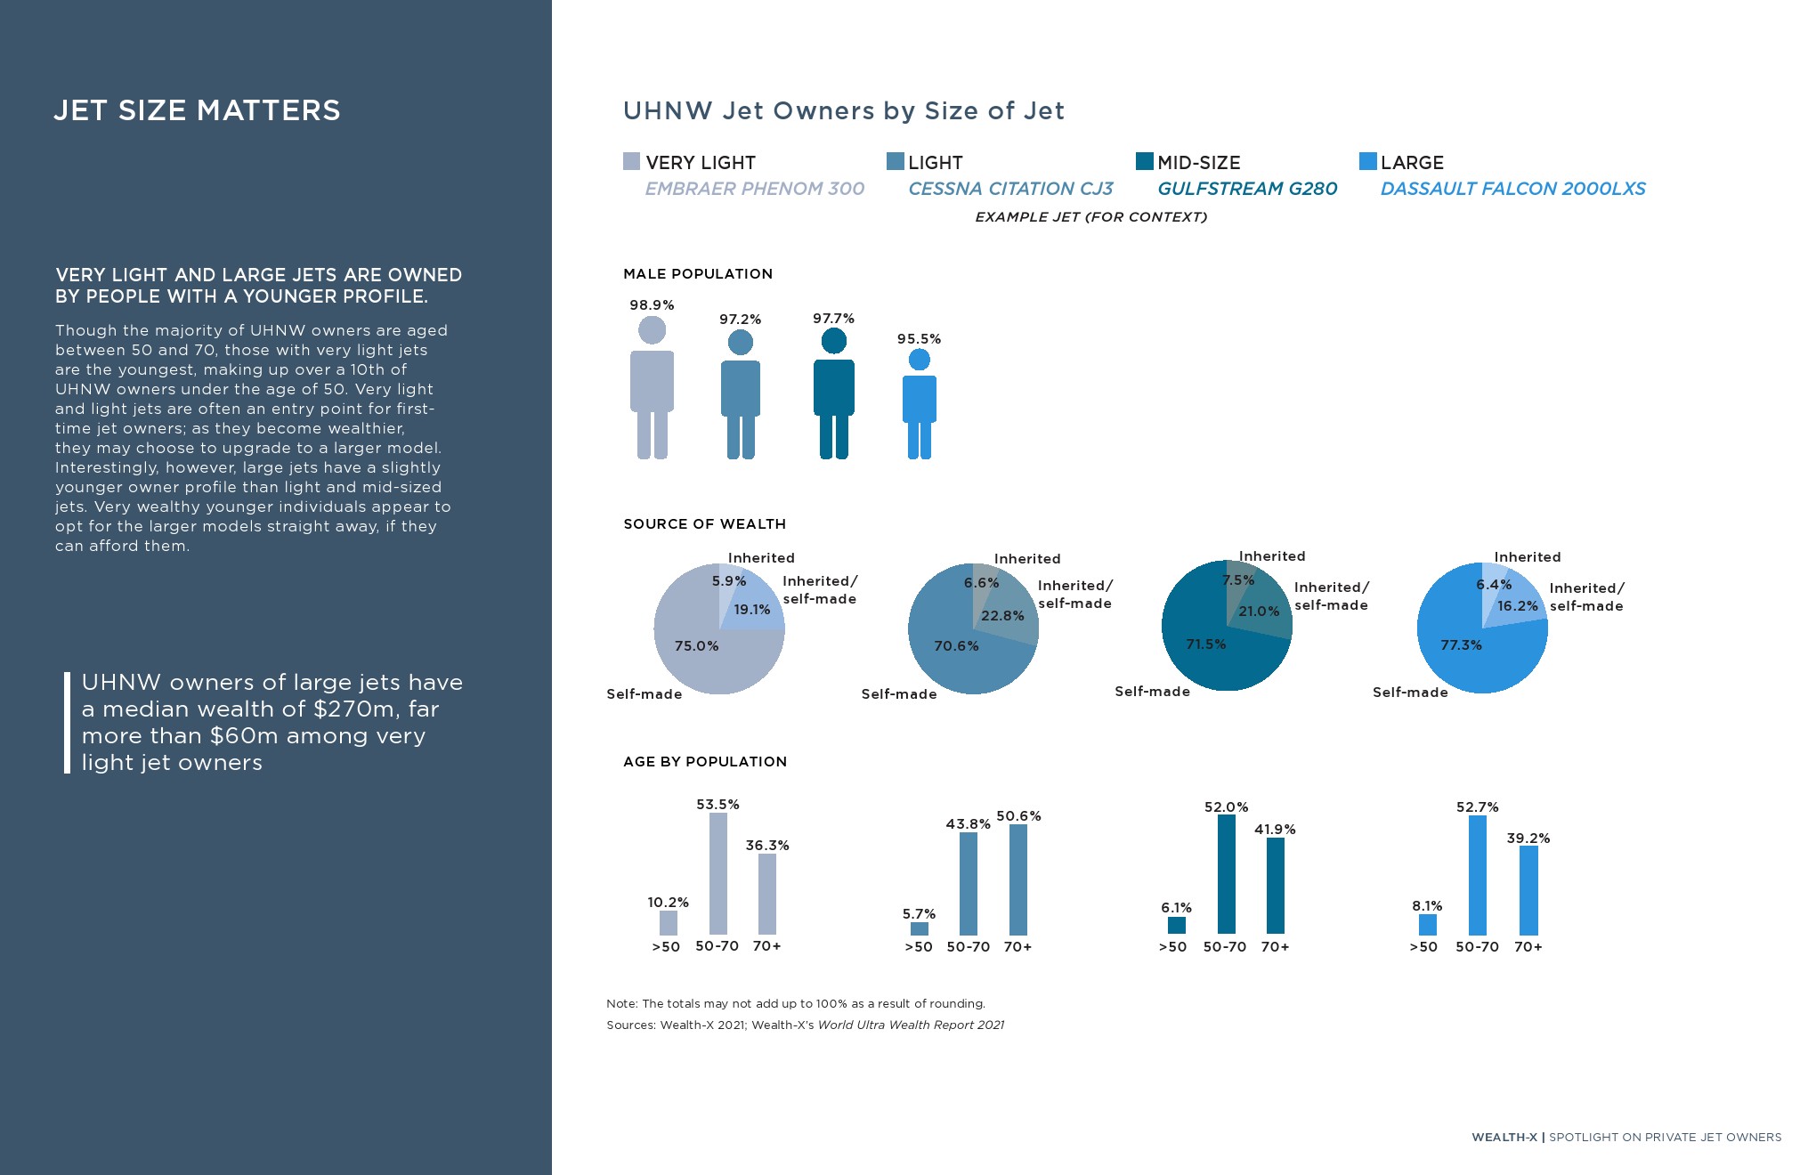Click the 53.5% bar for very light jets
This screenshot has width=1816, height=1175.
tap(717, 873)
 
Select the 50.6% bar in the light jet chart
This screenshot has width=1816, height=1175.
tap(1018, 879)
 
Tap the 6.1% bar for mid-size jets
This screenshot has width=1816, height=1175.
tap(1177, 926)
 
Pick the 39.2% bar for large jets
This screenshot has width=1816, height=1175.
tap(1528, 890)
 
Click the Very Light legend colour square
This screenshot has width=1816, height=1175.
tap(631, 161)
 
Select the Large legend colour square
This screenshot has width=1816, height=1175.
tap(1368, 161)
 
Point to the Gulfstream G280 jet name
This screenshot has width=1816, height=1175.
tap(1247, 189)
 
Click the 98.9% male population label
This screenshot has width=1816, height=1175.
tap(652, 305)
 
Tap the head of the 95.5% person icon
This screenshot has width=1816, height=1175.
tap(920, 360)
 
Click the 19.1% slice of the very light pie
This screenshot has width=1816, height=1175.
tap(757, 605)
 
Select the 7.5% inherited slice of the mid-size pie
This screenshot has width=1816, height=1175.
tap(1237, 583)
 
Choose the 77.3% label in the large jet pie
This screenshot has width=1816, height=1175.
tap(1461, 645)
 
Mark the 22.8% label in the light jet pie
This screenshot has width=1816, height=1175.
tap(1002, 616)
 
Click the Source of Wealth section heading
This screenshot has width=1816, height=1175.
tap(704, 524)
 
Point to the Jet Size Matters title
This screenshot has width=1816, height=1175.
tap(197, 110)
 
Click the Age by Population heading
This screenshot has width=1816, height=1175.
tap(705, 762)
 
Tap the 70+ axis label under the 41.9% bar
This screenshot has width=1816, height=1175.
tap(1275, 947)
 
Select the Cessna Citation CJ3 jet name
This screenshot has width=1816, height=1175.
tap(1010, 189)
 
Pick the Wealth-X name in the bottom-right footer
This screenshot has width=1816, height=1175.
tap(1504, 1138)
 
